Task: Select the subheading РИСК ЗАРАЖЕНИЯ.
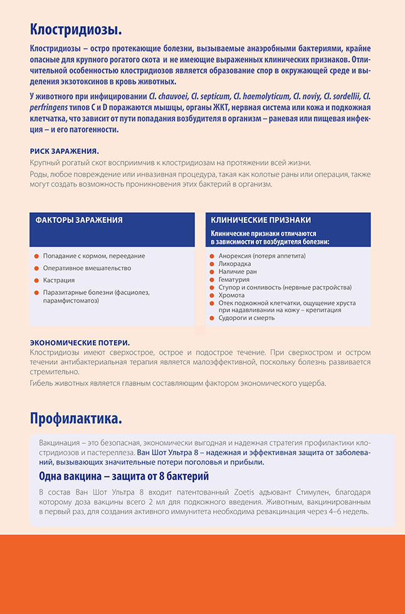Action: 64,151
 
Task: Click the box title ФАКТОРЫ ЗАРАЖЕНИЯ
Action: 79,220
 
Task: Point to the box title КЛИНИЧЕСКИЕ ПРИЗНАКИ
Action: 261,220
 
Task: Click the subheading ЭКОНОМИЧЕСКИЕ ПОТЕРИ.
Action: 80,343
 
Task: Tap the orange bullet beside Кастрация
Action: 37,280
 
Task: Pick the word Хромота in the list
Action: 232,295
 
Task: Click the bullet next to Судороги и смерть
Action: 213,318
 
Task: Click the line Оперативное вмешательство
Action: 87,268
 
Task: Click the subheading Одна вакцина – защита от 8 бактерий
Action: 124,477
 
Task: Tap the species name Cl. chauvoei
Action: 172,95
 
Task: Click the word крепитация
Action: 318,310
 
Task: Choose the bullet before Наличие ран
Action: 213,272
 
